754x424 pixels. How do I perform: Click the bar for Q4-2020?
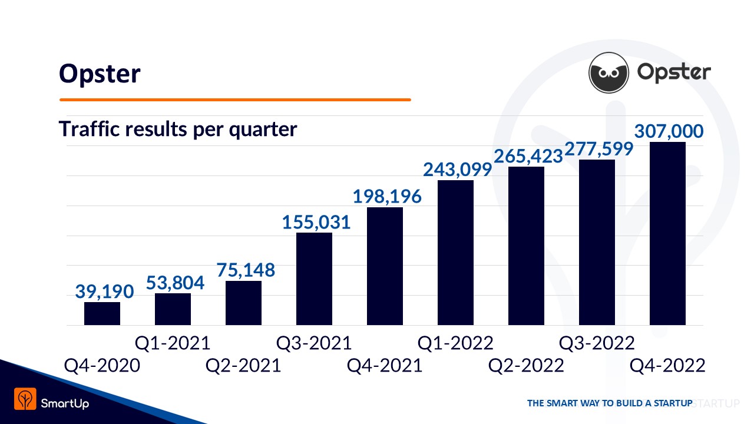[x=102, y=313]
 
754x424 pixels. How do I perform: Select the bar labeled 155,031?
[x=314, y=279]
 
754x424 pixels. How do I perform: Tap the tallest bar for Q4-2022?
[x=667, y=233]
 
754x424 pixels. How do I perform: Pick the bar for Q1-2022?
[x=455, y=253]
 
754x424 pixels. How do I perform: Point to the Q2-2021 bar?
[x=243, y=303]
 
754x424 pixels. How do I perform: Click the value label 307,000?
[x=669, y=131]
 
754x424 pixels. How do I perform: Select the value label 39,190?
[x=105, y=291]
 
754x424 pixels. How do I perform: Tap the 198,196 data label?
[x=387, y=196]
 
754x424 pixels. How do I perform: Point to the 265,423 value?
[x=528, y=156]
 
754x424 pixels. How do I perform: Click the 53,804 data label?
[x=175, y=283]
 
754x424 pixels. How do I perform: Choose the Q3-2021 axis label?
[x=314, y=343]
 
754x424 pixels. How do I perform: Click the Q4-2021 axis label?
[x=385, y=366]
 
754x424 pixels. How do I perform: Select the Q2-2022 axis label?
[x=526, y=366]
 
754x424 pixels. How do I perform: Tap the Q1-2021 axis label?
[x=173, y=343]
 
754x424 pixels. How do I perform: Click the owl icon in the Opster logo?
[x=609, y=72]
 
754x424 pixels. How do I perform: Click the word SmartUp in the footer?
[x=65, y=403]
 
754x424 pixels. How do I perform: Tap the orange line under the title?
[x=235, y=100]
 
